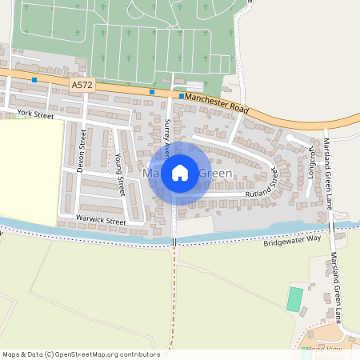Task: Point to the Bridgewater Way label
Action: click(x=292, y=239)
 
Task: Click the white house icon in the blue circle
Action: click(x=180, y=172)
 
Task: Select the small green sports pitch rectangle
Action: click(x=295, y=299)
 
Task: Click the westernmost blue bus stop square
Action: click(x=34, y=80)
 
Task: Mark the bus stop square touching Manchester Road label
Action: click(x=182, y=96)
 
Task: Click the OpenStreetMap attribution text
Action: click(x=80, y=354)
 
